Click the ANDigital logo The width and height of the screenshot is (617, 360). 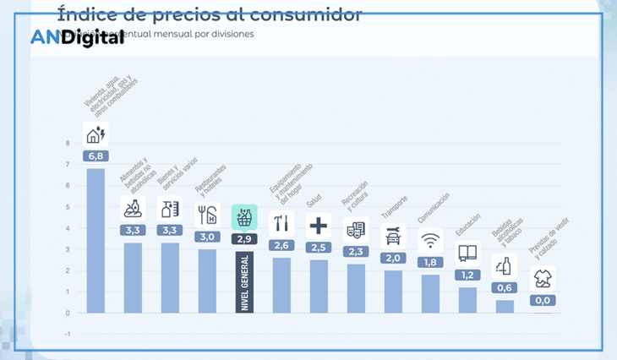77,37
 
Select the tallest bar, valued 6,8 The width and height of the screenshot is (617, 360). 96,240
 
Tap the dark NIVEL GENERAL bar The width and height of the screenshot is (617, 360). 245,281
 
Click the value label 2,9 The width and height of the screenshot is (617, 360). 245,239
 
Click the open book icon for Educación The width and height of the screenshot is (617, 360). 467,252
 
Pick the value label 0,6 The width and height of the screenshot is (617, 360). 505,287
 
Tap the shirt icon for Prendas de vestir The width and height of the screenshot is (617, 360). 542,279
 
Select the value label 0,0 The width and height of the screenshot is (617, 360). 542,300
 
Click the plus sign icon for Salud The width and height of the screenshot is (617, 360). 319,226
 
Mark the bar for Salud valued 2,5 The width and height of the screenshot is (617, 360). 319,286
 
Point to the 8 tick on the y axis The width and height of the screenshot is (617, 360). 68,143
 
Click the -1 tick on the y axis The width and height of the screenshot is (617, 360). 68,333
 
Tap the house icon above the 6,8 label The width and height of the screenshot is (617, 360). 96,134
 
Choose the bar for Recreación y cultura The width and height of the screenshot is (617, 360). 356,288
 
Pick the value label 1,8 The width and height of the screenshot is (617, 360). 430,262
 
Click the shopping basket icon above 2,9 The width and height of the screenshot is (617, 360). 245,216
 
